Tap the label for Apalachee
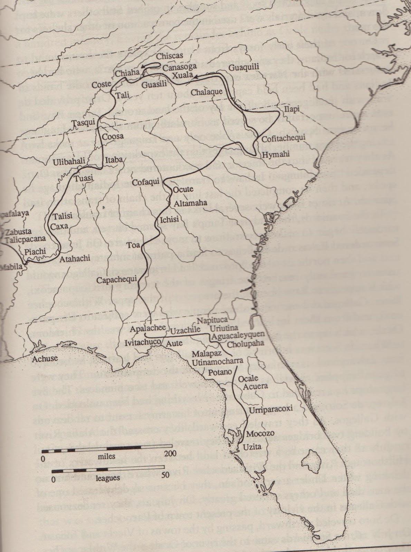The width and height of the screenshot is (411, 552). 147,328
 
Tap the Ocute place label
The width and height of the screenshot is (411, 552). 182,189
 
